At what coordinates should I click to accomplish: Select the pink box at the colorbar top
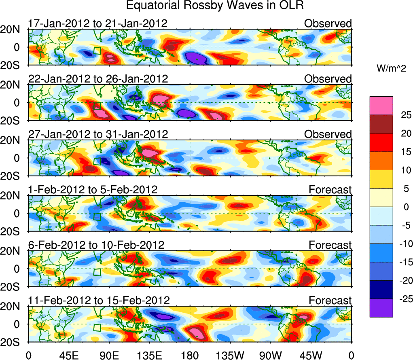[381, 106]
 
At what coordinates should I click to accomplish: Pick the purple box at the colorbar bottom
[381, 308]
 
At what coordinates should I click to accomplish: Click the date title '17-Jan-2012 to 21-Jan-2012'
[97, 23]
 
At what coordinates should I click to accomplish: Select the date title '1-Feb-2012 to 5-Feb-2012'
[93, 190]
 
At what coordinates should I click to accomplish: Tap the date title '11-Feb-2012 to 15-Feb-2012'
[99, 301]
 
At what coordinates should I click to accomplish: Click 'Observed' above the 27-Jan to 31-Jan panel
[328, 134]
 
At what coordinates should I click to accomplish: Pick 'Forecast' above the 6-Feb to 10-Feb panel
[330, 245]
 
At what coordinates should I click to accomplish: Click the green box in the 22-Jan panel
[97, 106]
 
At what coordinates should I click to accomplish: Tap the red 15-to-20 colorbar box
[381, 142]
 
